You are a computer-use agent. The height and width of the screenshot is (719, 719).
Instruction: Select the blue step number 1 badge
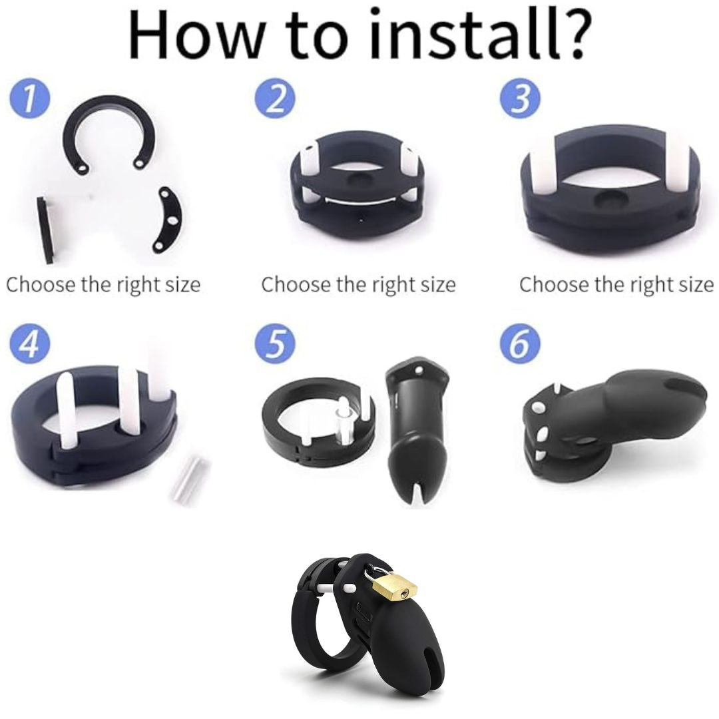29,99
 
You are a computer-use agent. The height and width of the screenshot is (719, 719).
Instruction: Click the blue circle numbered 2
275,99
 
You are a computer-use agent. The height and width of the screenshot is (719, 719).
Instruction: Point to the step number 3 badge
520,99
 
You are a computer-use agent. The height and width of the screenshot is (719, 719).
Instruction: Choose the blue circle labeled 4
29,344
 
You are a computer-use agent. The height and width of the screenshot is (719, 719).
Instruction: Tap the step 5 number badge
275,344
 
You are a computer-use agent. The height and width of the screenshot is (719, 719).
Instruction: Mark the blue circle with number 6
520,344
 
